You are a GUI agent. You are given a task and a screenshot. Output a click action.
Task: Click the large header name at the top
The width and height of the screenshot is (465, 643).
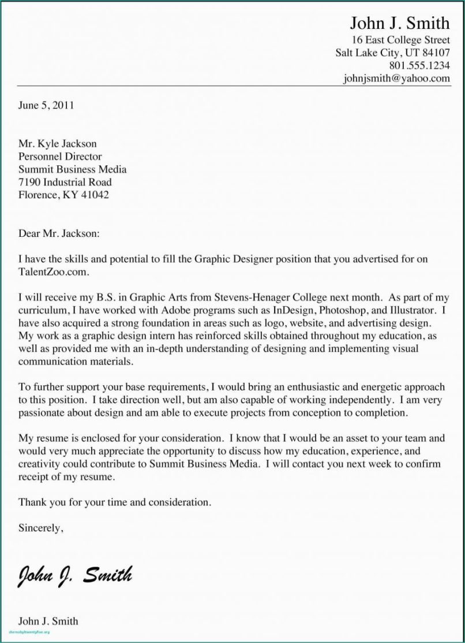point(399,23)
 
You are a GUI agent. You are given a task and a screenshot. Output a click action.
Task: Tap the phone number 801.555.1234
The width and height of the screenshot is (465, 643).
point(419,65)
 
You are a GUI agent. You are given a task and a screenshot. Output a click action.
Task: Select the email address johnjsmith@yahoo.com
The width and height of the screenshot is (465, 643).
point(396,79)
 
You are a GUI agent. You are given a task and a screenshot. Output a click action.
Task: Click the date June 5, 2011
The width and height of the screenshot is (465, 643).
point(46,105)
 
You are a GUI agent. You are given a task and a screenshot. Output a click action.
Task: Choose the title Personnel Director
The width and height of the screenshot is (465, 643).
point(60,157)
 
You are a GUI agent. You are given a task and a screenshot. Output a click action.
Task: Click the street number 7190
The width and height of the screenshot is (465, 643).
point(29,182)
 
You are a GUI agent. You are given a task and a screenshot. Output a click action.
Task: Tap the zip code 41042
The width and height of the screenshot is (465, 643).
point(93,195)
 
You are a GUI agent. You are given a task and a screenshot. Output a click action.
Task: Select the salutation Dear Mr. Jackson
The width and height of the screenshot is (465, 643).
point(59,233)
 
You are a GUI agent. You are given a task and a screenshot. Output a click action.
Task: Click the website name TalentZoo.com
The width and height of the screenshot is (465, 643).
point(54,272)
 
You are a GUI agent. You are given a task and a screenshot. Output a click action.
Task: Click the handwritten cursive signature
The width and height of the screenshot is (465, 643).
point(75,575)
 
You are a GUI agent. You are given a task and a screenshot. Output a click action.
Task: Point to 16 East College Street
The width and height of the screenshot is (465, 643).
point(400,40)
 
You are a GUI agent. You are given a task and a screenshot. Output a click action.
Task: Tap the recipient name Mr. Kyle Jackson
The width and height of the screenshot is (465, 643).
point(58,143)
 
